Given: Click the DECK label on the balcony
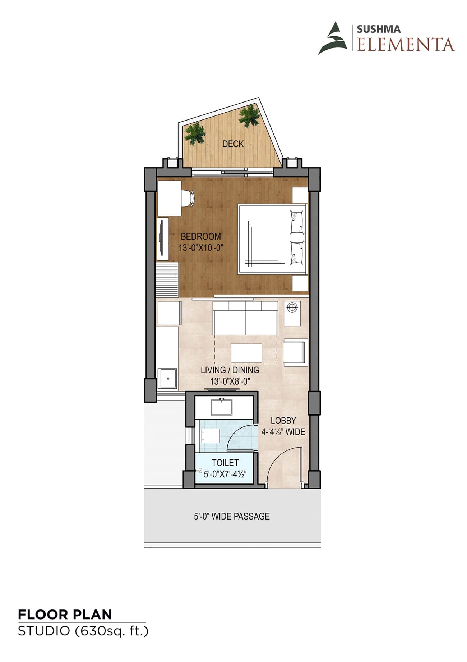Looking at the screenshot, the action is point(233,144).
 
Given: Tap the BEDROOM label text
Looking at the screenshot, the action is point(201,236).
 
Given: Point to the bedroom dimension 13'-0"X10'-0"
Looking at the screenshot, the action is point(201,248).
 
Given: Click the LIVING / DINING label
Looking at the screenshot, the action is point(230,370).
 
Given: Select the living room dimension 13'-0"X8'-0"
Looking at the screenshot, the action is point(230,381).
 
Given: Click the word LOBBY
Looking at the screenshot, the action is point(283,420).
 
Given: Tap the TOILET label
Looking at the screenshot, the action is point(225,463).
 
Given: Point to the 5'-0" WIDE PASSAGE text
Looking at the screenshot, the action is point(232,516).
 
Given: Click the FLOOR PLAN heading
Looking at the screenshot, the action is point(65,615).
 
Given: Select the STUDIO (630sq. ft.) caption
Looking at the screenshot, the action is point(83,631).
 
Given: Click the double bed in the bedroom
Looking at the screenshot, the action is point(272,239).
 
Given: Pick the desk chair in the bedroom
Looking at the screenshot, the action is point(188,198).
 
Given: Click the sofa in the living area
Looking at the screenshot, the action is point(245,318).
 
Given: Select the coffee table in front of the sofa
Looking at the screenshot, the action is point(246,353).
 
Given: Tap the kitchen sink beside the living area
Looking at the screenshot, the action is point(167,378).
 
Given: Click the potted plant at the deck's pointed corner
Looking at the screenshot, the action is point(249,116).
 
